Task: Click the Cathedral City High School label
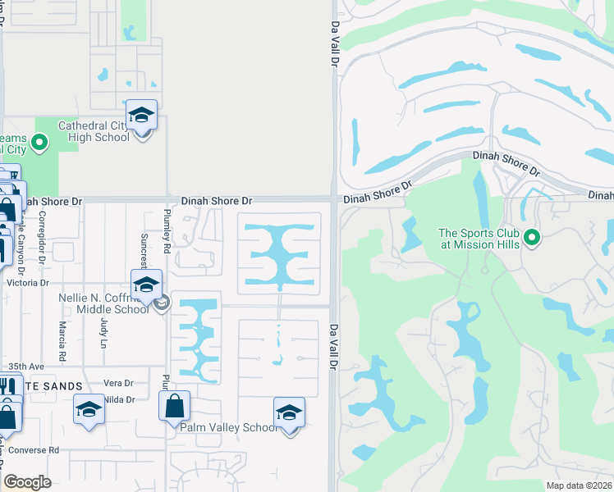tap(94, 131)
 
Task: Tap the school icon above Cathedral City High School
tap(141, 116)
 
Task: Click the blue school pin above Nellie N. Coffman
tap(146, 285)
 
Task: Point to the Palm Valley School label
tap(229, 427)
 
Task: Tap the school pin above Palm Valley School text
tap(289, 412)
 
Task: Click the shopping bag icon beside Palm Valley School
tap(174, 406)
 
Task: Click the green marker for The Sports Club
tap(532, 238)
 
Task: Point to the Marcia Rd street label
tap(62, 334)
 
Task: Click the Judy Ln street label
tap(103, 332)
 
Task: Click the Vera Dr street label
tap(118, 383)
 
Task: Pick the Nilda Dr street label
tap(119, 399)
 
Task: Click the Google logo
tap(28, 481)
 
